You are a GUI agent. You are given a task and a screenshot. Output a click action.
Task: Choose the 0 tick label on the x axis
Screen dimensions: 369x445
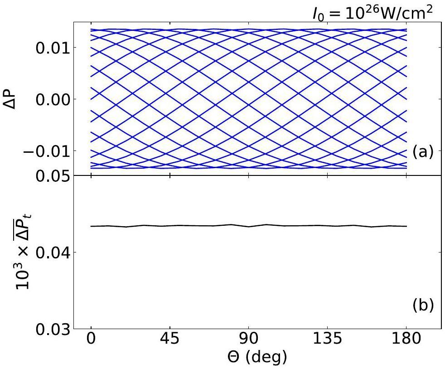(x=92, y=340)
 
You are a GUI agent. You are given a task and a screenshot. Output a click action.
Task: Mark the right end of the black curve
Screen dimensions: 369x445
(x=406, y=226)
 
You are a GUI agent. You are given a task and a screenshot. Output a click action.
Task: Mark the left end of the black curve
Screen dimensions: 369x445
(x=91, y=226)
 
